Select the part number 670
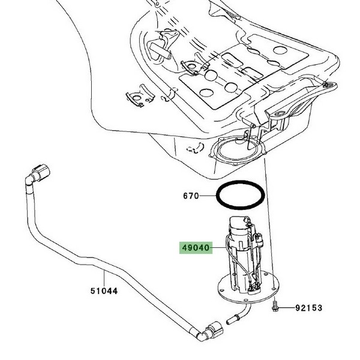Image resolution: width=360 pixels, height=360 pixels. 191,196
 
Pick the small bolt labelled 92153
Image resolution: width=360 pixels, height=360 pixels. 274,307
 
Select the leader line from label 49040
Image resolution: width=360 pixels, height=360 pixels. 220,247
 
